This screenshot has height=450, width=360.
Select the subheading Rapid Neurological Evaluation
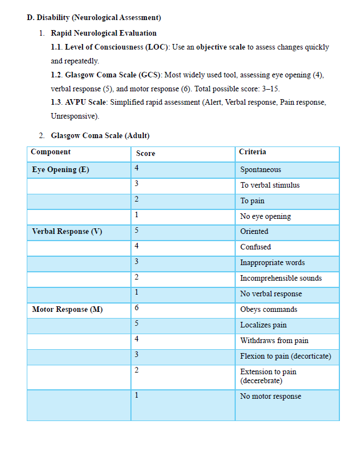(104, 33)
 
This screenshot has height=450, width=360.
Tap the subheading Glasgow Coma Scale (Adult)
(100, 135)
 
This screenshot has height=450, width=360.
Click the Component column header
(51, 152)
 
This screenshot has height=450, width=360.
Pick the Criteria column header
(252, 152)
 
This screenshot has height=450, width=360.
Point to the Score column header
(145, 153)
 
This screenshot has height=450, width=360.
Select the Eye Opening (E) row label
(60, 169)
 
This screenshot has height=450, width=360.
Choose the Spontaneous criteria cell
(260, 170)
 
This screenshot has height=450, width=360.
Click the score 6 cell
(137, 308)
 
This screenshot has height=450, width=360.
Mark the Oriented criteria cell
(254, 231)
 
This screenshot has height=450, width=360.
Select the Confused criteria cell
(255, 247)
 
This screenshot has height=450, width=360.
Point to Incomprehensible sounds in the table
(281, 278)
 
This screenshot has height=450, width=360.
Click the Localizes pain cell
(263, 325)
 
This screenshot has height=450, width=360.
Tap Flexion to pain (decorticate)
(285, 356)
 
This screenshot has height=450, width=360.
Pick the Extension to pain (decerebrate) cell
(268, 376)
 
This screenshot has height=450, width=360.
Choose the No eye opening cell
(265, 216)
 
